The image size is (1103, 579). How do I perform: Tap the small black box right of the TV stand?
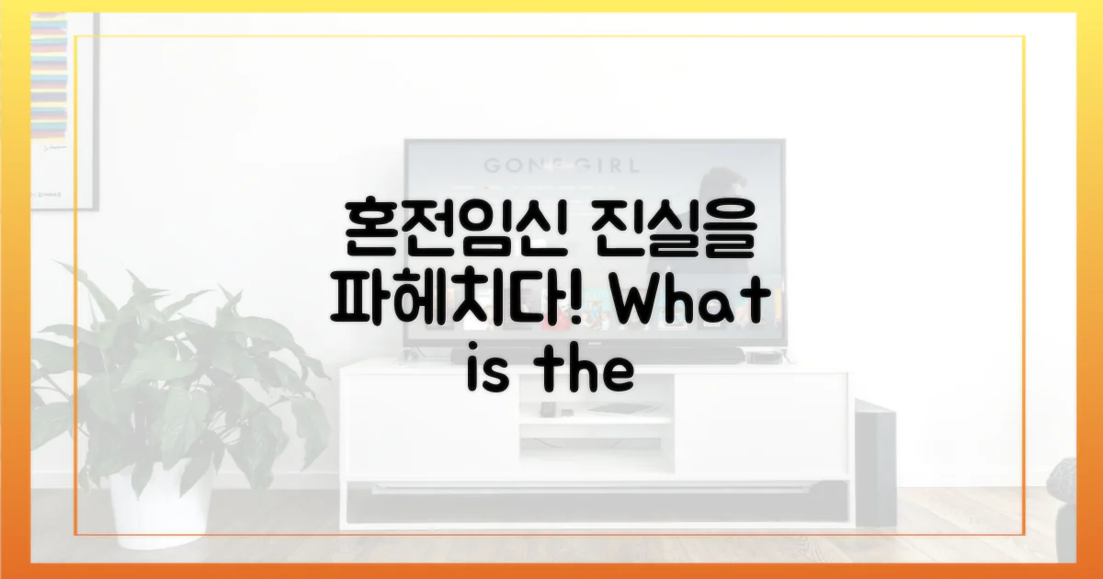pyautogui.click(x=761, y=357)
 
